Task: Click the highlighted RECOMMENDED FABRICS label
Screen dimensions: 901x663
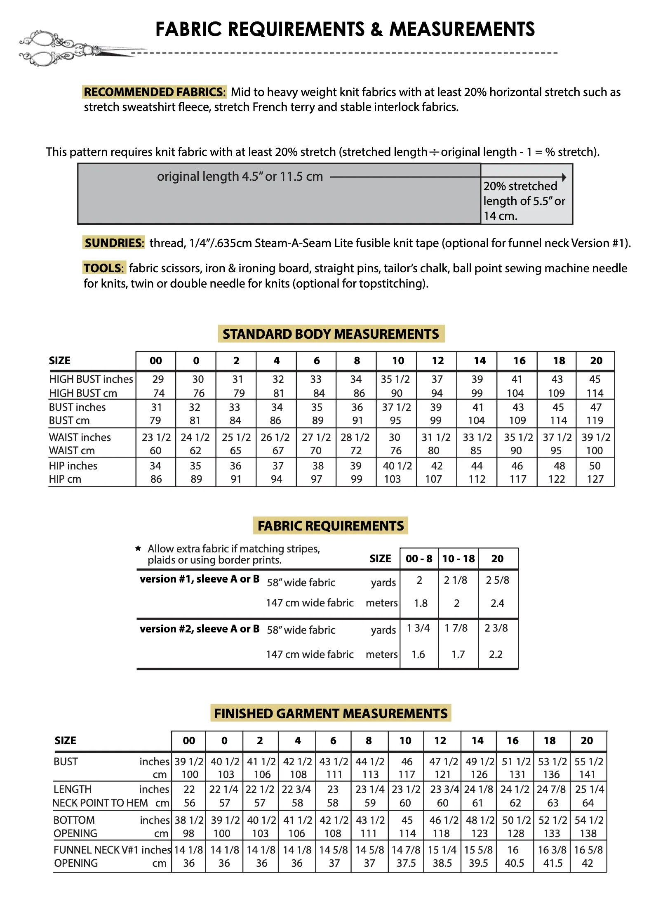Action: click(x=155, y=92)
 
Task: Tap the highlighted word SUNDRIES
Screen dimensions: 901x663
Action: click(x=113, y=243)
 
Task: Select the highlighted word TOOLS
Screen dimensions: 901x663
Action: click(x=103, y=268)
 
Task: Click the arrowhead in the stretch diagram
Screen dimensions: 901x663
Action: click(x=564, y=177)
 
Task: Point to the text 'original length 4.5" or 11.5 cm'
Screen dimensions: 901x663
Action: click(x=240, y=177)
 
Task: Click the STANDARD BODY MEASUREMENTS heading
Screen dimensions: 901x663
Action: click(x=331, y=334)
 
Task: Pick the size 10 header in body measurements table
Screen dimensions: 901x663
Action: click(x=398, y=361)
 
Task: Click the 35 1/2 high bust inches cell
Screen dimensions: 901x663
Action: click(x=395, y=379)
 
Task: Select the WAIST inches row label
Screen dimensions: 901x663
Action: click(x=80, y=437)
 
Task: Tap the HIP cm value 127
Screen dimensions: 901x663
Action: click(x=595, y=479)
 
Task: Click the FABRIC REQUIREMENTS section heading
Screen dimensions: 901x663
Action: click(x=331, y=526)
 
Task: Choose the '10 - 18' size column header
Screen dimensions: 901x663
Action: click(x=458, y=559)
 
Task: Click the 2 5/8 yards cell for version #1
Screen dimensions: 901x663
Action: click(x=497, y=580)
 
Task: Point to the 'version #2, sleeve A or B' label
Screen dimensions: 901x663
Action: click(x=200, y=629)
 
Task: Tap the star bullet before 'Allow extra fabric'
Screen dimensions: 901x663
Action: click(x=139, y=549)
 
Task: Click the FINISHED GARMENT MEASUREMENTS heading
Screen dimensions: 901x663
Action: click(x=331, y=713)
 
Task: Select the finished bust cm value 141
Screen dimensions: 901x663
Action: click(x=587, y=774)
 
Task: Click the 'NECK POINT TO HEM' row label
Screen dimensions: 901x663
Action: click(x=100, y=803)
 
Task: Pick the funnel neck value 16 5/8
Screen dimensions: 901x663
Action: click(x=588, y=850)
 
